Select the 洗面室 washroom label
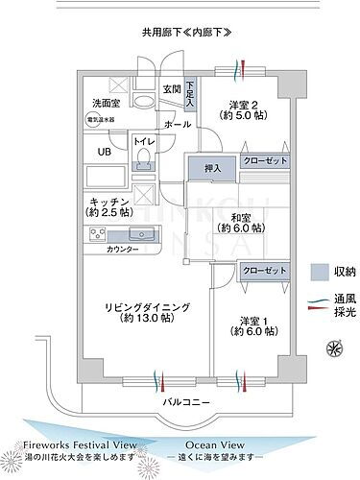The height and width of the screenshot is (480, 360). click(x=106, y=102)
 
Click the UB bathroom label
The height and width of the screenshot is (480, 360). click(x=102, y=152)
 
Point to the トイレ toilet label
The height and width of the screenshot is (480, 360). click(x=144, y=142)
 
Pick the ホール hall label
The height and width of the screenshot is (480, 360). click(x=177, y=125)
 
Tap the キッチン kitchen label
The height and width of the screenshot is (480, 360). click(x=109, y=204)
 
